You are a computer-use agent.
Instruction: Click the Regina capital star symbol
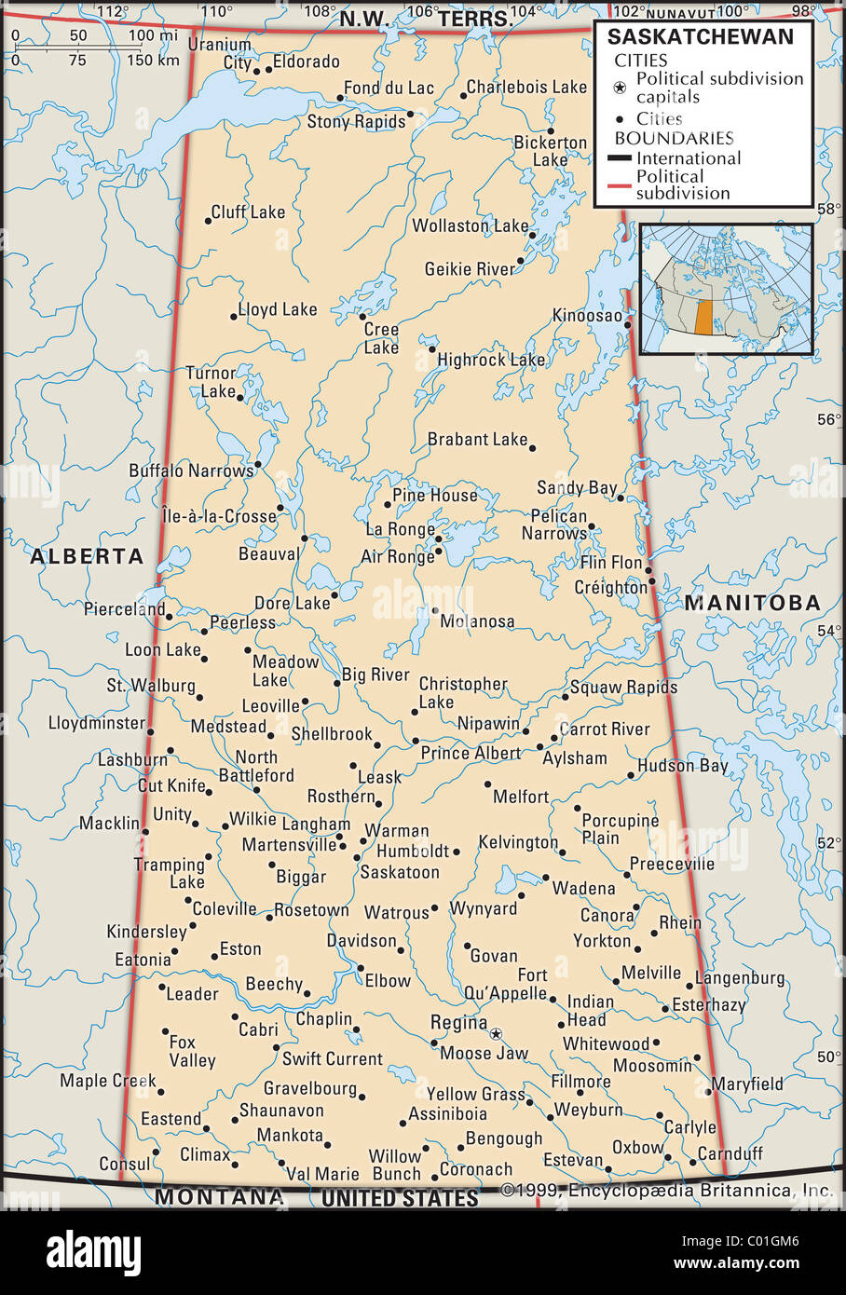click(x=496, y=1033)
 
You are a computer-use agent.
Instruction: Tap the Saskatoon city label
click(x=400, y=872)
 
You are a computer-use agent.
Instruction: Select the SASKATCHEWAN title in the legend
click(x=701, y=36)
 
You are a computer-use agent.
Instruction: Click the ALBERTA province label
click(x=87, y=556)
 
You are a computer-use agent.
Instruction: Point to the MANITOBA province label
click(x=753, y=603)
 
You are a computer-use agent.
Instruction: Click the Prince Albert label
click(x=471, y=753)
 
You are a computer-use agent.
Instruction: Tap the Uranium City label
click(x=220, y=53)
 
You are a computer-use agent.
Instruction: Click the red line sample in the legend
click(x=620, y=185)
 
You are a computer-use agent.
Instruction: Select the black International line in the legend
click(x=620, y=158)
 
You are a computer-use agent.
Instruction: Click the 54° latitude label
click(x=828, y=631)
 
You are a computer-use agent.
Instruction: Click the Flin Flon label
click(x=611, y=563)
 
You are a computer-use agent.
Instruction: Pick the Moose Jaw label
click(x=484, y=1054)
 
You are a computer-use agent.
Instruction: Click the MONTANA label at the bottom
click(x=219, y=1196)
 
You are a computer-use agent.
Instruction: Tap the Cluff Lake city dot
click(x=208, y=221)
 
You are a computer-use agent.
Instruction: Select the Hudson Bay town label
click(x=682, y=766)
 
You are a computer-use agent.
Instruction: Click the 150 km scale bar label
click(x=154, y=60)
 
